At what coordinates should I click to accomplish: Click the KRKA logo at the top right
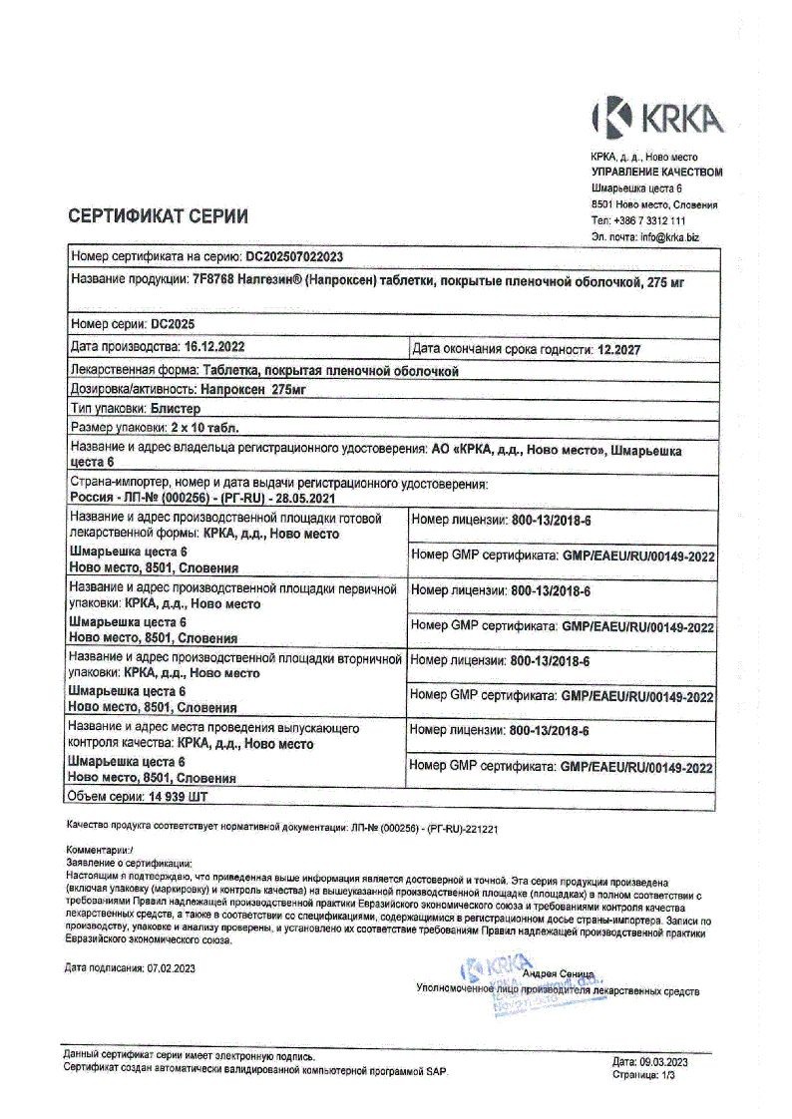pyautogui.click(x=657, y=118)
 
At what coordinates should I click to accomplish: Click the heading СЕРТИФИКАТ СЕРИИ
pyautogui.click(x=158, y=216)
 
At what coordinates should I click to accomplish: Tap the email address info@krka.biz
pyautogui.click(x=669, y=237)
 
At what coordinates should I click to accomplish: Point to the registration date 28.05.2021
pyautogui.click(x=289, y=498)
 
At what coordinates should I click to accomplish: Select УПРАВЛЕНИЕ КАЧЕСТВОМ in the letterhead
pyautogui.click(x=655, y=172)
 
